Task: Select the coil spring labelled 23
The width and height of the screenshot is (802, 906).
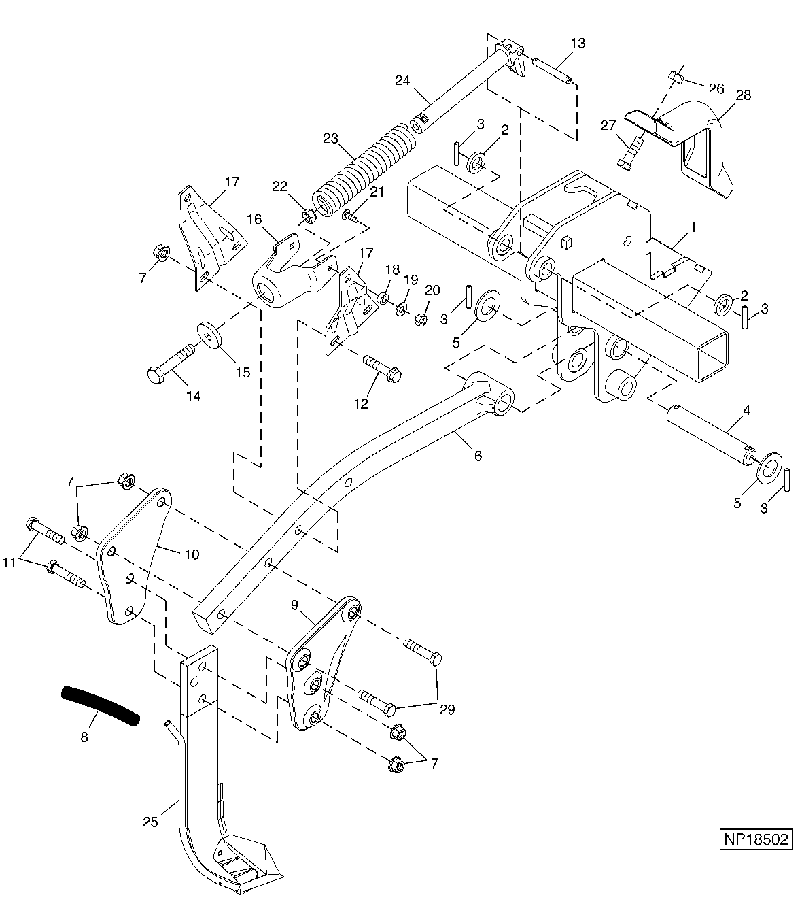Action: pos(364,171)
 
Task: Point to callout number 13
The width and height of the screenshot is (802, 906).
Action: pos(578,44)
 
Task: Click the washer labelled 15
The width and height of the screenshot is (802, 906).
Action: pos(209,333)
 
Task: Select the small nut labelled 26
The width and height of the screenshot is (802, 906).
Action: pos(676,79)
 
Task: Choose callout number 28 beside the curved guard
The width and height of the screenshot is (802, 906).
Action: pos(744,95)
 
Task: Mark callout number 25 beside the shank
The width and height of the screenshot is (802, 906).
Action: pos(151,822)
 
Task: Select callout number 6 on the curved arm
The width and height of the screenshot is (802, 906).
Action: pos(478,456)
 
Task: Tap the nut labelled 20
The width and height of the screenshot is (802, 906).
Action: pos(419,319)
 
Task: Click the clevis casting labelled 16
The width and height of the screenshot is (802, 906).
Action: pos(293,273)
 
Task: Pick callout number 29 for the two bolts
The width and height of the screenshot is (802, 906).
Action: pos(447,709)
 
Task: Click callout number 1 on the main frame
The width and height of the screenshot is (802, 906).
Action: pos(693,228)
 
